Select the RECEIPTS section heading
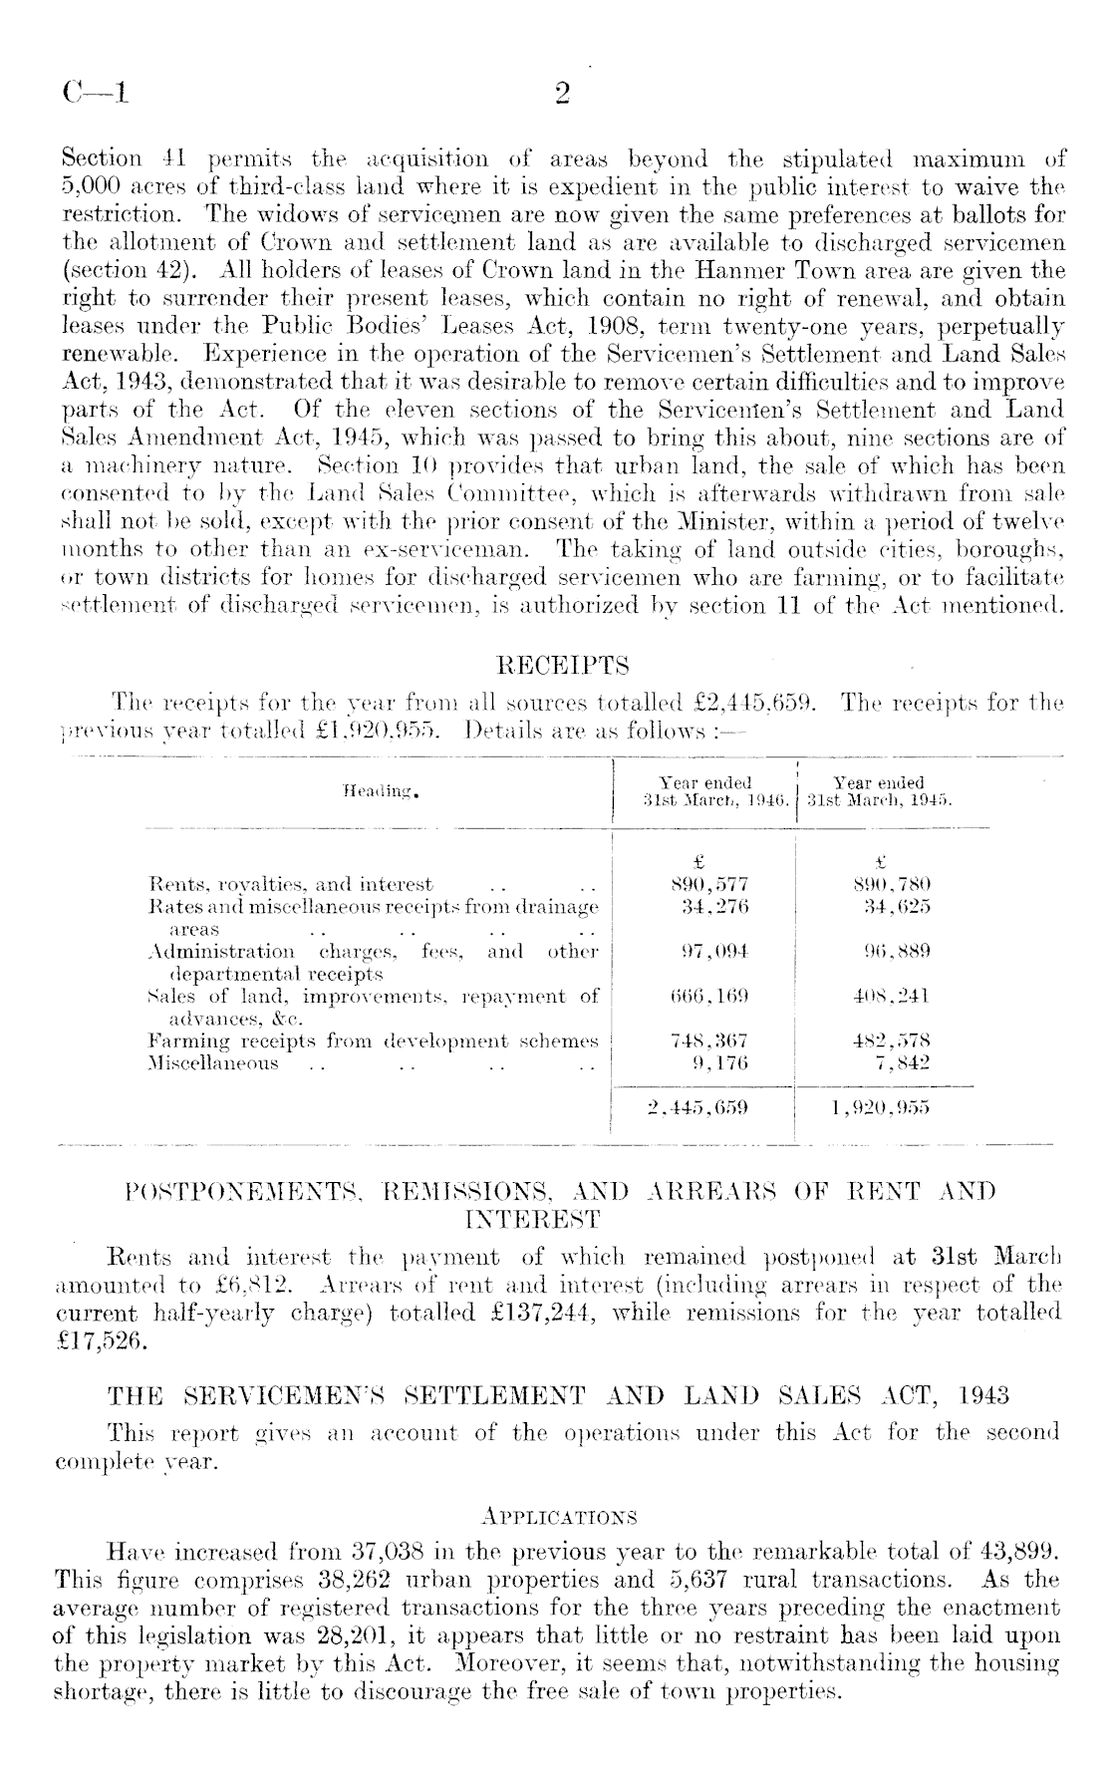(x=562, y=665)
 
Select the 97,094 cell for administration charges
(x=708, y=952)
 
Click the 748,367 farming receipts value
(x=708, y=1041)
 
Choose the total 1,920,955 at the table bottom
(x=882, y=1106)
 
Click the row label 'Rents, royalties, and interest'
(x=290, y=884)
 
